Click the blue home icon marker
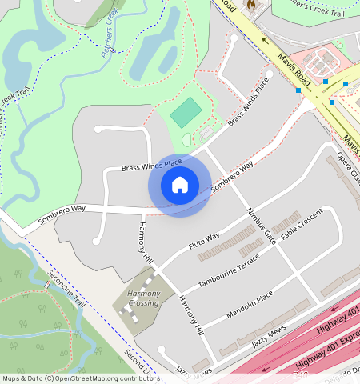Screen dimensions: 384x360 tap(180, 185)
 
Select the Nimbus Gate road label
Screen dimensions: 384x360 tap(262, 226)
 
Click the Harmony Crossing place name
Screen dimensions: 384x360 tap(144, 298)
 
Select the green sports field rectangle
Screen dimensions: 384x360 tap(186, 113)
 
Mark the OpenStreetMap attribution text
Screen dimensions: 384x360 tap(80, 378)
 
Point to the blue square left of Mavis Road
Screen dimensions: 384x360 tap(298, 90)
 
